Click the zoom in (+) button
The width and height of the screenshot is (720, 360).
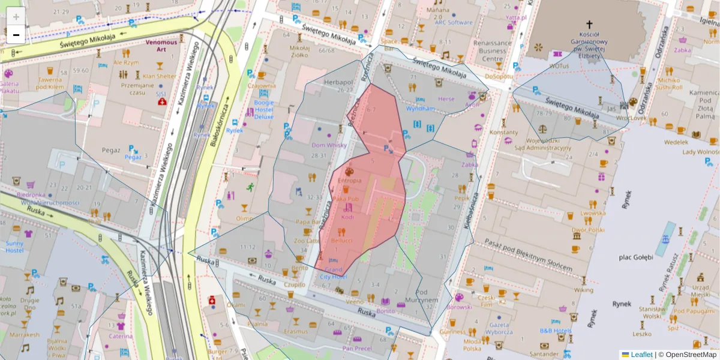[x=16, y=16]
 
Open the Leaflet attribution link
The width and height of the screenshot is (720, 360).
[x=641, y=355]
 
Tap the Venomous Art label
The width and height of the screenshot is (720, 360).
[x=161, y=47]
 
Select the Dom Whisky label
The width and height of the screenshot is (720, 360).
[x=328, y=145]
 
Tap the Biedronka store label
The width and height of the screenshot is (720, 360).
[x=31, y=195]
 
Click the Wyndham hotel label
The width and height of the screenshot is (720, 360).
[x=420, y=109]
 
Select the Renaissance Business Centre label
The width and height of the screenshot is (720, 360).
[x=492, y=51]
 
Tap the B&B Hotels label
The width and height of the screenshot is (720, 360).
[x=556, y=331]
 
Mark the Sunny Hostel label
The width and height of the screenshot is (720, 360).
[x=14, y=247]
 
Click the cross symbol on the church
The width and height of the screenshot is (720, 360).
[x=589, y=25]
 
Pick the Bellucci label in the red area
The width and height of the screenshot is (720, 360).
[x=341, y=240]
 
